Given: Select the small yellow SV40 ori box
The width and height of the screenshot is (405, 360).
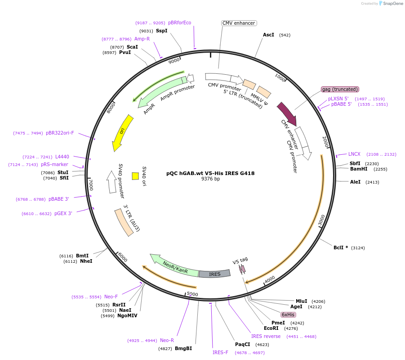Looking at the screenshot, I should (135, 176).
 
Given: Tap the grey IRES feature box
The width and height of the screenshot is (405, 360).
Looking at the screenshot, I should (214, 274).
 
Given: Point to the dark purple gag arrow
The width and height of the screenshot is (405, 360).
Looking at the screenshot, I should (286, 113).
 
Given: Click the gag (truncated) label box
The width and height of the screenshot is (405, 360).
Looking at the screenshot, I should (340, 89).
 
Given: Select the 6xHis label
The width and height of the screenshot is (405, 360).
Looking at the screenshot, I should (288, 315).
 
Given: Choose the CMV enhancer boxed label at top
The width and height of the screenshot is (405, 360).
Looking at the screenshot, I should (239, 23).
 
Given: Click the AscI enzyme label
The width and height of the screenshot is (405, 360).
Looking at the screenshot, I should (268, 35).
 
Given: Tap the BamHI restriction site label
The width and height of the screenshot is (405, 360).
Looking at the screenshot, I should (359, 169).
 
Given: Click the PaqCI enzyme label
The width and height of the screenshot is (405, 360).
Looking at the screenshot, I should (243, 344).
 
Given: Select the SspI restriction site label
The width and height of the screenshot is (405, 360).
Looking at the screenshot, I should (161, 31).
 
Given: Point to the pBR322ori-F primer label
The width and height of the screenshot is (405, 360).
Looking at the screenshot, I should (60, 133).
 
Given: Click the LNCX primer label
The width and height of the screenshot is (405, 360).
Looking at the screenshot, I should (354, 154).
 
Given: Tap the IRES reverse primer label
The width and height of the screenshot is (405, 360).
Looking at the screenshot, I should (266, 336).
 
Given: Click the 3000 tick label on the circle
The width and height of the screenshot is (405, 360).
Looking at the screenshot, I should (321, 220).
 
